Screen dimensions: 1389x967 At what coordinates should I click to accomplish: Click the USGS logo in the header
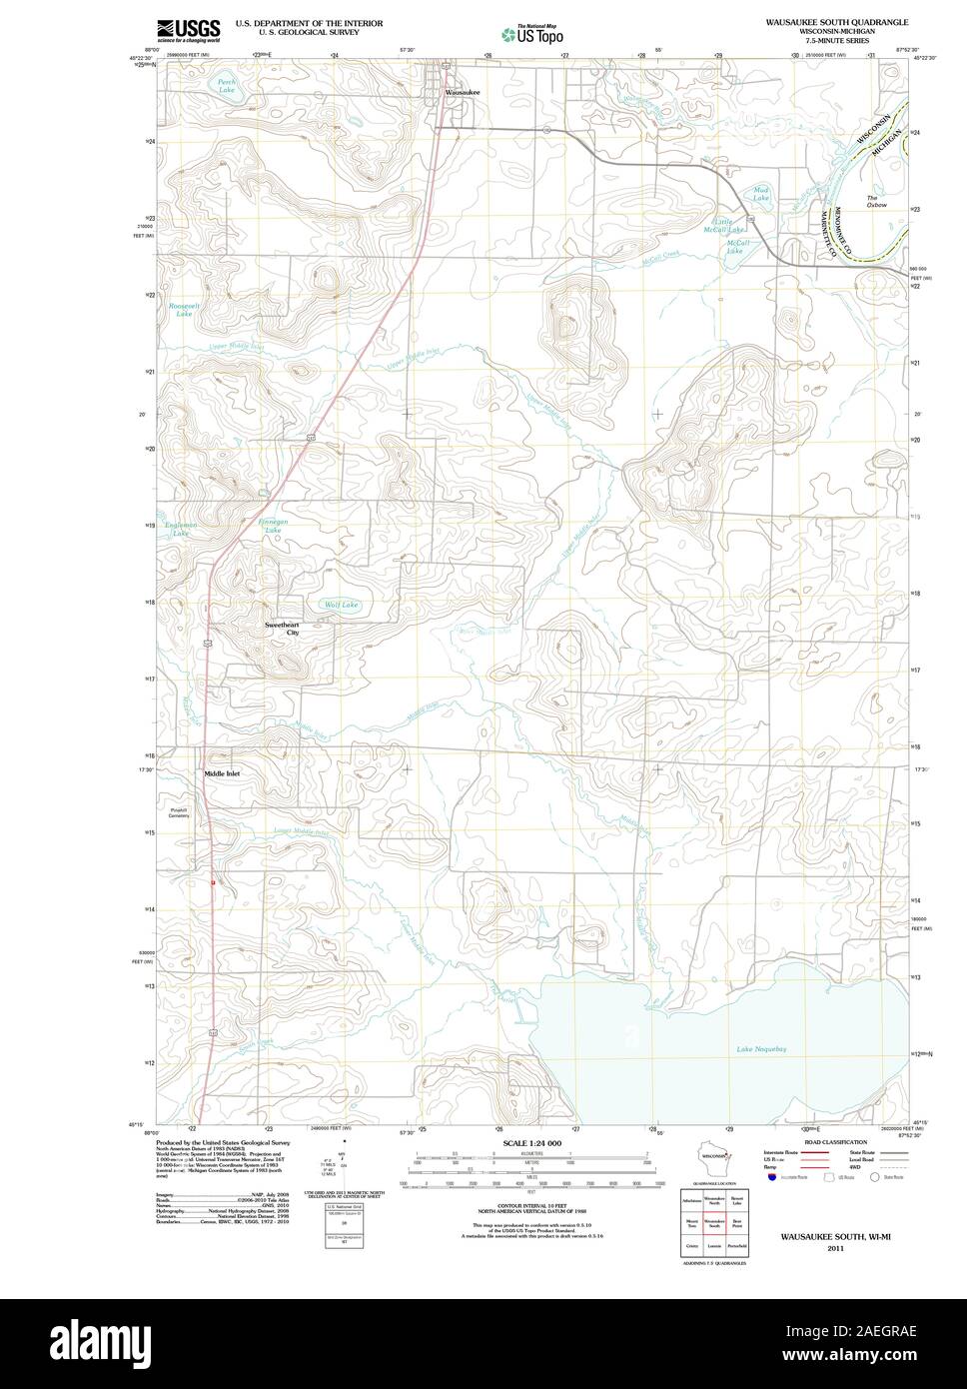point(188,31)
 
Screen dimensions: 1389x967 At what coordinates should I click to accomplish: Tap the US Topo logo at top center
point(534,34)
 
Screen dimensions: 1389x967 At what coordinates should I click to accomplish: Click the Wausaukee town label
point(462,92)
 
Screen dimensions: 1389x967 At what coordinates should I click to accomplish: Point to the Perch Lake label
point(229,87)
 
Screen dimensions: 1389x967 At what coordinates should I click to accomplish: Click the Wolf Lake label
point(342,606)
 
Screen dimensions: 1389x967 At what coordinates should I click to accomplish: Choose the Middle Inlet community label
point(222,773)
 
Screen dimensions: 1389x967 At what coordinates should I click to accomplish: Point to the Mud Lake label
point(761,196)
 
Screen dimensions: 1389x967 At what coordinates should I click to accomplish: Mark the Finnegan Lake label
point(275,525)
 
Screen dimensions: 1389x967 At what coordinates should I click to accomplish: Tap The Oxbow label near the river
point(876,201)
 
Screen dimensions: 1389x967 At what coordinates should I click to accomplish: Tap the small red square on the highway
point(213,882)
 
